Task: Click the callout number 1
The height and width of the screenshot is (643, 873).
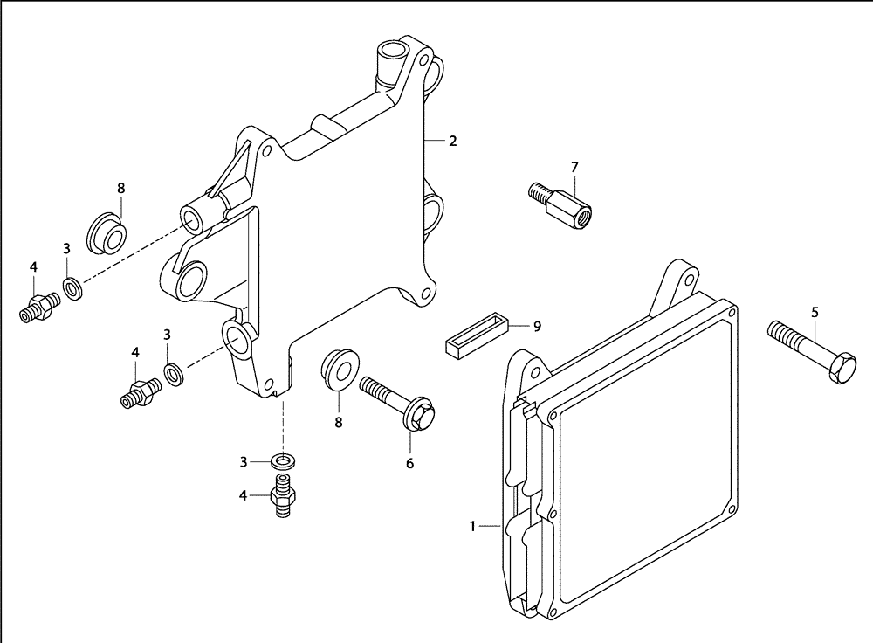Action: [x=472, y=526]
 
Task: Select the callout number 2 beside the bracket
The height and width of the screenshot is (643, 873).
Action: [x=453, y=140]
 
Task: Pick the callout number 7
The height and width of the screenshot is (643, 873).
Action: [x=574, y=166]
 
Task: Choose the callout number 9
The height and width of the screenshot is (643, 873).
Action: [x=538, y=326]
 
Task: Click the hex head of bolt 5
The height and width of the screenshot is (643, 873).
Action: [x=842, y=371]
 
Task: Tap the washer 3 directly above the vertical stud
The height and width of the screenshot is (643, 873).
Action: [x=281, y=460]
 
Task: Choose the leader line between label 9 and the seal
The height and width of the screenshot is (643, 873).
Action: [x=519, y=326]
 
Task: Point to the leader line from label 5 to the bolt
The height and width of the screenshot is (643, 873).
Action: [x=814, y=332]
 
